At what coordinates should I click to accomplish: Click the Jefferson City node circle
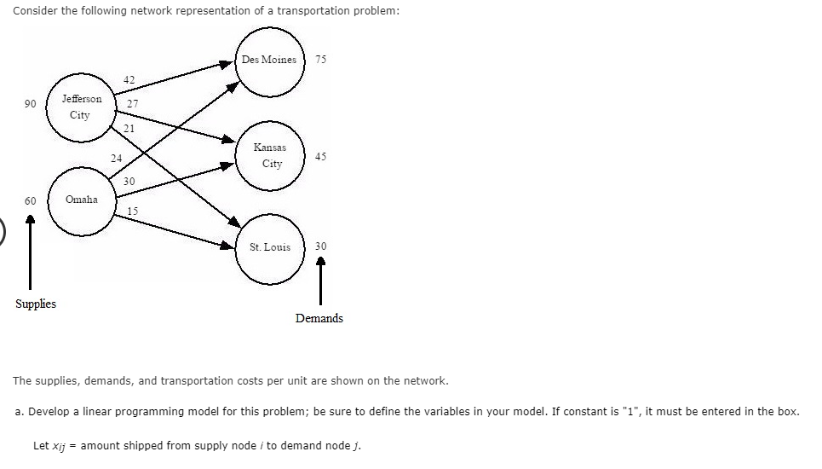(x=81, y=107)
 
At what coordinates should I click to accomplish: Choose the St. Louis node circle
(x=270, y=247)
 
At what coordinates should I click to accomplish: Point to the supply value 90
(x=31, y=104)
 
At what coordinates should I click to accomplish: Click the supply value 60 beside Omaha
(x=31, y=201)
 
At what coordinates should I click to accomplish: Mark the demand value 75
(x=320, y=60)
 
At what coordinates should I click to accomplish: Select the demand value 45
(x=320, y=157)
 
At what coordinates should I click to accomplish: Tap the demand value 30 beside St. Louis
(x=320, y=246)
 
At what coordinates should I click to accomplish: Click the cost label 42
(x=129, y=79)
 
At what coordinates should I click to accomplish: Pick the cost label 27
(x=132, y=104)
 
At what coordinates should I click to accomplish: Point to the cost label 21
(x=129, y=128)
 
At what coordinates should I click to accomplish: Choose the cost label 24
(x=117, y=158)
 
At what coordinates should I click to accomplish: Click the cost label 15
(x=132, y=211)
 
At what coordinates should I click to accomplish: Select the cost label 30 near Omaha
(x=129, y=182)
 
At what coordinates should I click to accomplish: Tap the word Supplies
(x=36, y=304)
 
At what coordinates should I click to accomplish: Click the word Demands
(x=319, y=318)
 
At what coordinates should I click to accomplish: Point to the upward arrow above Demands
(x=320, y=281)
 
